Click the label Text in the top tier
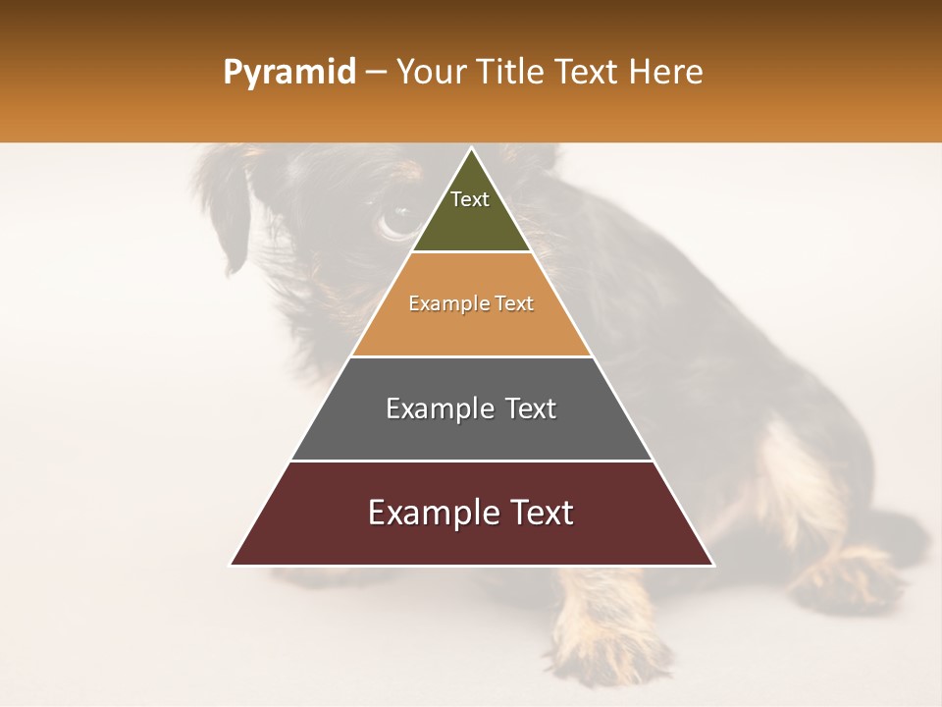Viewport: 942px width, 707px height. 469,199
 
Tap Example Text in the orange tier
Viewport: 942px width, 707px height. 471,303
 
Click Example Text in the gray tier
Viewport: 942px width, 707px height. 471,408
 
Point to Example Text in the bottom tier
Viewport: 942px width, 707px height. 471,513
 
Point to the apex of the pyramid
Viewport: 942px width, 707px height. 471,149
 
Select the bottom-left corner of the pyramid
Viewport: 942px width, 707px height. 232,564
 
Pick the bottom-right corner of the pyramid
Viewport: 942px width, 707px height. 712,564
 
